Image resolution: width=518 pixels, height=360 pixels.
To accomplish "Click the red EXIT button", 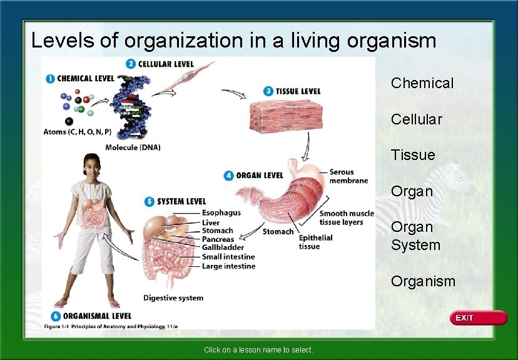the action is tap(479, 318).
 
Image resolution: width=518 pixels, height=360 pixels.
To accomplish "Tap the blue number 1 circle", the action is tap(50, 78).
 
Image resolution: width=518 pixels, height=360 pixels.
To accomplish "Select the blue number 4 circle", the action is tap(228, 176).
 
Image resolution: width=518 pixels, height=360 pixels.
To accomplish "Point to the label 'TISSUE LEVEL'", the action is tap(297, 91).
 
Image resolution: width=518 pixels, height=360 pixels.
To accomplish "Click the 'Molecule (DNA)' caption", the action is tap(133, 147).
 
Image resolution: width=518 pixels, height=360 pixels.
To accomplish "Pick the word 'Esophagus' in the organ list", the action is tap(221, 213).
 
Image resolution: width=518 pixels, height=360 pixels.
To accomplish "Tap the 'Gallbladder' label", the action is tap(223, 248).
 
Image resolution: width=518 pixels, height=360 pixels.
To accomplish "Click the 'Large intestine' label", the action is tap(228, 266).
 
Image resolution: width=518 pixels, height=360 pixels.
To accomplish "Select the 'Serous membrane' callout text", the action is tap(348, 176).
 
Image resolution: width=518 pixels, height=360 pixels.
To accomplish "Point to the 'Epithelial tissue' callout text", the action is tap(315, 242).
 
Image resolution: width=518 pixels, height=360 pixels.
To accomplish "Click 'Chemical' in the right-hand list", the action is tap(422, 83).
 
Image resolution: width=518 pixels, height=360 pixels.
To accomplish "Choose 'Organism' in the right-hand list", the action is tap(423, 281).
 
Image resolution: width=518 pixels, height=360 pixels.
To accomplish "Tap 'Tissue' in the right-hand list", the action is tap(412, 155).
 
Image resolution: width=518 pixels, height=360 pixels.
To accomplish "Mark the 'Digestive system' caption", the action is tap(173, 298).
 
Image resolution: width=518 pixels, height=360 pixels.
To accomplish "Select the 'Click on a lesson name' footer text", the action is tap(258, 350).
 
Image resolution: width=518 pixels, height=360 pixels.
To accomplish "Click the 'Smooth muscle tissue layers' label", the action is tap(346, 217).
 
